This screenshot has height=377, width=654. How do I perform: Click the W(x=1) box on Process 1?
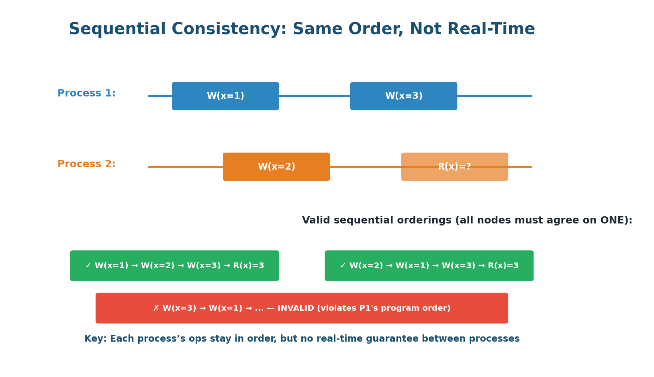pyautogui.click(x=225, y=96)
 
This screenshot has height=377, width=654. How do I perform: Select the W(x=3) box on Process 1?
pyautogui.click(x=403, y=96)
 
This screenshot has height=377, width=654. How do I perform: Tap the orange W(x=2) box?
pyautogui.click(x=276, y=167)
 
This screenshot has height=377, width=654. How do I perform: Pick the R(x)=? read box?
pyautogui.click(x=454, y=167)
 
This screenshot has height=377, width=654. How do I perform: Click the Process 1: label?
pyautogui.click(x=86, y=94)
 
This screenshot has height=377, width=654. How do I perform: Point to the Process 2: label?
pyautogui.click(x=86, y=164)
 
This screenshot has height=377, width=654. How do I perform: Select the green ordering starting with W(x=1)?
pyautogui.click(x=174, y=266)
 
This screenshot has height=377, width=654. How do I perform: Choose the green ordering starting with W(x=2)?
pyautogui.click(x=429, y=266)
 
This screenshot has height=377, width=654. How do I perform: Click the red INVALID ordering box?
pyautogui.click(x=302, y=308)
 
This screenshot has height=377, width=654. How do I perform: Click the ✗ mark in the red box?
pyautogui.click(x=156, y=308)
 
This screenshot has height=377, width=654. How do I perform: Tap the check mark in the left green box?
pyautogui.click(x=88, y=266)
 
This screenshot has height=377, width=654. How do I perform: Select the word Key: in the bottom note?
pyautogui.click(x=96, y=339)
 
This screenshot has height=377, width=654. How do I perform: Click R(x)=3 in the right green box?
pyautogui.click(x=503, y=266)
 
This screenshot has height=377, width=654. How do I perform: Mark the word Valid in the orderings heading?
pyautogui.click(x=316, y=221)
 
